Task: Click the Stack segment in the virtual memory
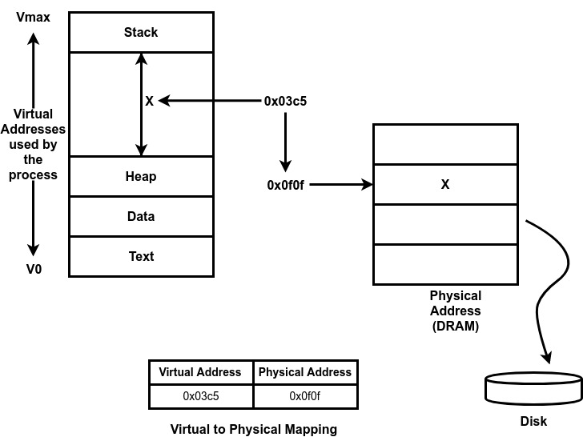pyautogui.click(x=141, y=33)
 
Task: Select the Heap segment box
pyautogui.click(x=141, y=176)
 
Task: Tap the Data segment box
pyautogui.click(x=141, y=216)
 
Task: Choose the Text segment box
pyautogui.click(x=141, y=256)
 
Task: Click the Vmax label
pyautogui.click(x=33, y=16)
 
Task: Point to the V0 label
pyautogui.click(x=34, y=270)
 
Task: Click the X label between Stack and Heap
pyautogui.click(x=149, y=102)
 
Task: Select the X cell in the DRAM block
pyautogui.click(x=445, y=184)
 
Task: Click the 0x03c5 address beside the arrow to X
pyautogui.click(x=286, y=102)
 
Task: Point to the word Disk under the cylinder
pyautogui.click(x=533, y=421)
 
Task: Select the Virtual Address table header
pyautogui.click(x=200, y=372)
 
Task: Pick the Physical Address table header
pyautogui.click(x=304, y=372)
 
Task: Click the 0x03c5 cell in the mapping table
pyautogui.click(x=200, y=395)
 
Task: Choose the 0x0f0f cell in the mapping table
pyautogui.click(x=304, y=395)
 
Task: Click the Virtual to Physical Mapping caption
pyautogui.click(x=253, y=429)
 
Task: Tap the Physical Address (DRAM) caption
pyautogui.click(x=455, y=311)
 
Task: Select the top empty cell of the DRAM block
pyautogui.click(x=445, y=144)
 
